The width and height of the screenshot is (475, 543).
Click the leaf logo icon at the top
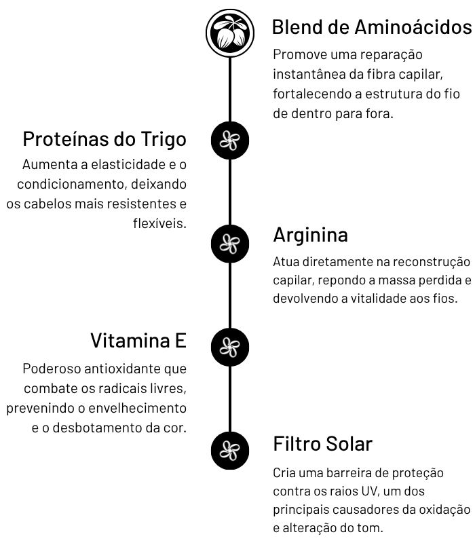[x=230, y=32]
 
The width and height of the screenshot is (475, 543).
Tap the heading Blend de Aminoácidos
[x=370, y=27]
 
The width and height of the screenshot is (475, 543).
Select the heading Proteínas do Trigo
[x=104, y=139]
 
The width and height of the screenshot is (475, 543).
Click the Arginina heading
[x=310, y=235]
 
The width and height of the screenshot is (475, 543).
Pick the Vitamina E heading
[x=138, y=340]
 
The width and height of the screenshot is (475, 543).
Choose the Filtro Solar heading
[x=323, y=444]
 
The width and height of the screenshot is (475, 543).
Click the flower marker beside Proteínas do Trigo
[x=230, y=141]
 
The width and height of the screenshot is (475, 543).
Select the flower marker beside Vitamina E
[x=230, y=347]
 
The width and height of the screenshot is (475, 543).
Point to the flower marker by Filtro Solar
[x=230, y=449]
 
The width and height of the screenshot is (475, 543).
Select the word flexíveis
[x=160, y=223]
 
